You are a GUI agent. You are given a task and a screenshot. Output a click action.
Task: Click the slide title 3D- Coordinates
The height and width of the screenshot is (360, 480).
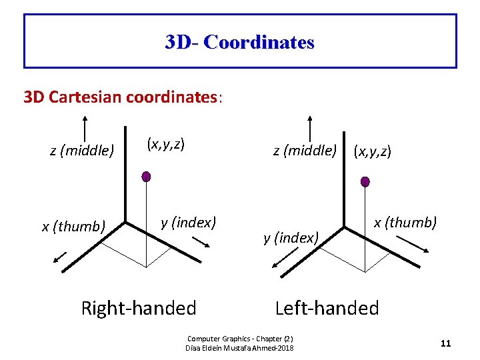(240, 43)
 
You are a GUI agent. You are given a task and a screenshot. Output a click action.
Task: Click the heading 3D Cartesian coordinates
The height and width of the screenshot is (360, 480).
(123, 97)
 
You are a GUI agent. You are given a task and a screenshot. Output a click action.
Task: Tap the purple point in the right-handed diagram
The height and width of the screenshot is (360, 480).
(146, 177)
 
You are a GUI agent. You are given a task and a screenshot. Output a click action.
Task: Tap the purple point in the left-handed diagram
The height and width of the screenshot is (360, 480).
(365, 181)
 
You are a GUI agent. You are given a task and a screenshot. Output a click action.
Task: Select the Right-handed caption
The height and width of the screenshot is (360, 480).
(139, 308)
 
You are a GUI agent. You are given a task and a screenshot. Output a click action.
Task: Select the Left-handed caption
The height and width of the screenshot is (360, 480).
(327, 308)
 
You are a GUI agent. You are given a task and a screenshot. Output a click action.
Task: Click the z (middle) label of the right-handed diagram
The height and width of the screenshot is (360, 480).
(81, 151)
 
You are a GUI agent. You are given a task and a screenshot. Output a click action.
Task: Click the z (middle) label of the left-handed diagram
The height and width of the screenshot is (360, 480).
(305, 151)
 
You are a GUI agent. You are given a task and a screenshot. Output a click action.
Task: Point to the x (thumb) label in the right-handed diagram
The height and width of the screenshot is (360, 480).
(73, 227)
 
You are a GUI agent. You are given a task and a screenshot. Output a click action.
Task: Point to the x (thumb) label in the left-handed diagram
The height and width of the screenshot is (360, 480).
(405, 223)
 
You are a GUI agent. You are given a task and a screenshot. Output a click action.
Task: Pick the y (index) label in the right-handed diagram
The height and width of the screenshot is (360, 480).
(189, 222)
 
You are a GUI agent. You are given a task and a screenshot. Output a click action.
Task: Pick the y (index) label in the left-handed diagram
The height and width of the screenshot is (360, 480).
(292, 237)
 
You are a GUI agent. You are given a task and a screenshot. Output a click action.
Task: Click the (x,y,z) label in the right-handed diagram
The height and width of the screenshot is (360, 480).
(165, 143)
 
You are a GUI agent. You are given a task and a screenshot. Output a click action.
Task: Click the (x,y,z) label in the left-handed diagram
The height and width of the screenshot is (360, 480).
(373, 152)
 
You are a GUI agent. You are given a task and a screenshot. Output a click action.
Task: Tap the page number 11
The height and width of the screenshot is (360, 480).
(446, 343)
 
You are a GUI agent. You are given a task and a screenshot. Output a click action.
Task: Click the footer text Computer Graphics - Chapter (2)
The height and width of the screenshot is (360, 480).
(240, 339)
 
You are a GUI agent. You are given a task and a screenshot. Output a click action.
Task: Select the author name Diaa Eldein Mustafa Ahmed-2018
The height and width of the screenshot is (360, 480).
(239, 348)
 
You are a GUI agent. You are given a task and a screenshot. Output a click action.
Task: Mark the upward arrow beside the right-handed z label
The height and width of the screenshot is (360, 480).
(85, 129)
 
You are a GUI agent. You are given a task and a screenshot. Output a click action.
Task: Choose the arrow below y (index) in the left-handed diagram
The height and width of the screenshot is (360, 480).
(281, 259)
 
